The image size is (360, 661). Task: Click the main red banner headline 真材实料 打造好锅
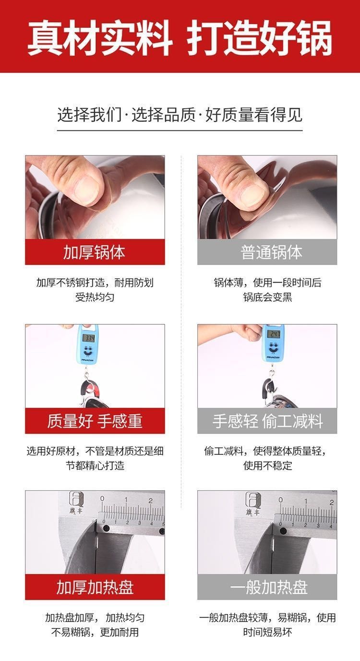click(x=180, y=37)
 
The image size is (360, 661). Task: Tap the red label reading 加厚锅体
click(x=95, y=252)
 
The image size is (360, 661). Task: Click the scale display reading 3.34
click(x=88, y=338)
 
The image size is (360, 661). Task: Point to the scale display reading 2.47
click(x=274, y=334)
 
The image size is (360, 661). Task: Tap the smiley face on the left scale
click(x=87, y=351)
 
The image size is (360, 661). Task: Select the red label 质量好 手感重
click(x=95, y=421)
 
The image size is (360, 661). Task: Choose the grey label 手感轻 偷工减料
click(x=267, y=421)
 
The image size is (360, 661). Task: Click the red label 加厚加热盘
click(x=95, y=587)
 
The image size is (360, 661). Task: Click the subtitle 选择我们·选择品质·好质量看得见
click(x=180, y=115)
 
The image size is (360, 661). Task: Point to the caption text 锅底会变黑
click(x=267, y=297)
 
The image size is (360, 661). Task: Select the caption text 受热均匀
click(x=95, y=297)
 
